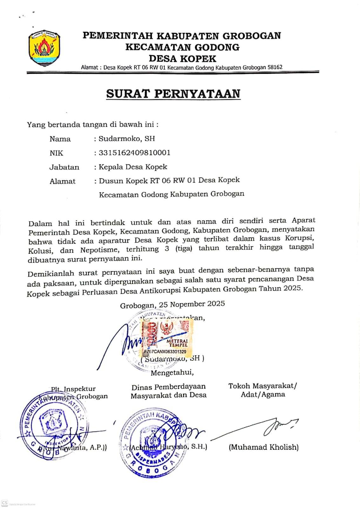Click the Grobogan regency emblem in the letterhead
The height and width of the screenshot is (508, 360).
(x=44, y=48)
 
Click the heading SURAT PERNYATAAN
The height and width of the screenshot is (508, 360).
(x=173, y=94)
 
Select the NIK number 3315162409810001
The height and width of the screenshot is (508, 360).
(x=135, y=153)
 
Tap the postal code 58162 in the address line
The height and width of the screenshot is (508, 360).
(x=275, y=67)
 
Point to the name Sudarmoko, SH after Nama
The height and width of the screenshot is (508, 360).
(x=127, y=138)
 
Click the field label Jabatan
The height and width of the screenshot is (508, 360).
(x=64, y=167)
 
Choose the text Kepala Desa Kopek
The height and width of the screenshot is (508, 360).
(x=133, y=167)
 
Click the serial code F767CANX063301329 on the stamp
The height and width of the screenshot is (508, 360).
(x=165, y=352)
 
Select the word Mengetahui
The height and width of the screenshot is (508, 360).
(x=172, y=372)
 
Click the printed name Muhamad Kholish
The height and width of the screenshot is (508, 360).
(x=263, y=447)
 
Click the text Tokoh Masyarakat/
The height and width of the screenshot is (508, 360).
(x=262, y=386)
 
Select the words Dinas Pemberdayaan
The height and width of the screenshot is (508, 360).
(x=168, y=387)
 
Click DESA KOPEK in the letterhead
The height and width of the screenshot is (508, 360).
(x=182, y=59)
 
